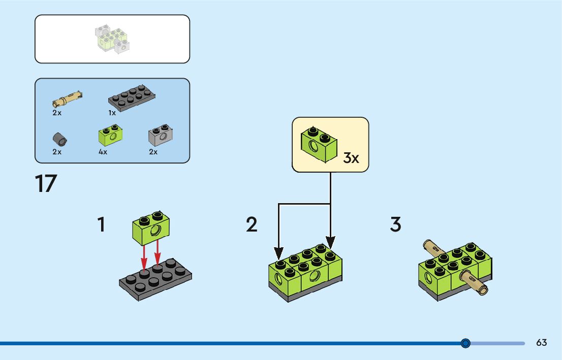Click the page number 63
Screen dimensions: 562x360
542,342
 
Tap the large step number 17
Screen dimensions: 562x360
46,184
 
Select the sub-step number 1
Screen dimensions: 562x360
102,224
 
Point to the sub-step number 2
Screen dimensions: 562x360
252,224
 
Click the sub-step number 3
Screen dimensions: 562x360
395,224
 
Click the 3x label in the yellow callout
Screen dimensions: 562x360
351,157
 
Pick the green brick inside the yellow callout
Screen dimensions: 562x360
319,145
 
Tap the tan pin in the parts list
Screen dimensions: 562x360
67,99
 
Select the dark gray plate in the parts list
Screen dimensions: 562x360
132,98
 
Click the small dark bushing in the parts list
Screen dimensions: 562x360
60,139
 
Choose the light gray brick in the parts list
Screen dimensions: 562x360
161,135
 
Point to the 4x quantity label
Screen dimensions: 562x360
103,152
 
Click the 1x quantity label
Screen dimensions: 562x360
112,113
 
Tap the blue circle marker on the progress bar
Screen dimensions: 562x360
465,343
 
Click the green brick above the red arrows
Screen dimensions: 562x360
151,228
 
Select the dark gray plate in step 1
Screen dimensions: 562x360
155,279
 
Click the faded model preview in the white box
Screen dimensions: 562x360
112,39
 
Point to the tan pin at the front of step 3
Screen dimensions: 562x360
474,283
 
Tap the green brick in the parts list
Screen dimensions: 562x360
110,135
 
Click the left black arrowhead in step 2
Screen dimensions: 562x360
278,253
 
